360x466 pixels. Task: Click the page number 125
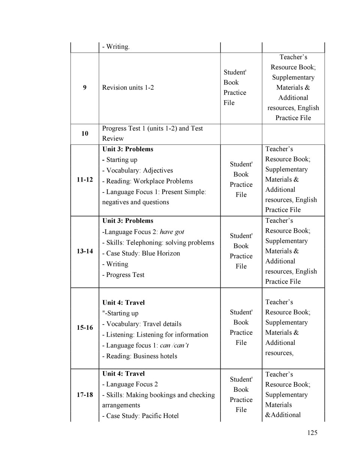pyautogui.click(x=312, y=433)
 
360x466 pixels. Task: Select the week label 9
pyautogui.click(x=85, y=87)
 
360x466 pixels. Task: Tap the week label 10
pyautogui.click(x=85, y=134)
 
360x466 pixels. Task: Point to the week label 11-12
pyautogui.click(x=85, y=179)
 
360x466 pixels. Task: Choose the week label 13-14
pyautogui.click(x=85, y=251)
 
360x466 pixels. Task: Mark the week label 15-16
pyautogui.click(x=85, y=328)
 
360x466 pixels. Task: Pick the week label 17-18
pyautogui.click(x=85, y=395)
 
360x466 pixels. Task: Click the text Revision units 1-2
pyautogui.click(x=128, y=87)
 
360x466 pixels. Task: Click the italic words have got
pyautogui.click(x=172, y=232)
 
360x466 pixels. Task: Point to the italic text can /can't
pyautogui.click(x=174, y=345)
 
